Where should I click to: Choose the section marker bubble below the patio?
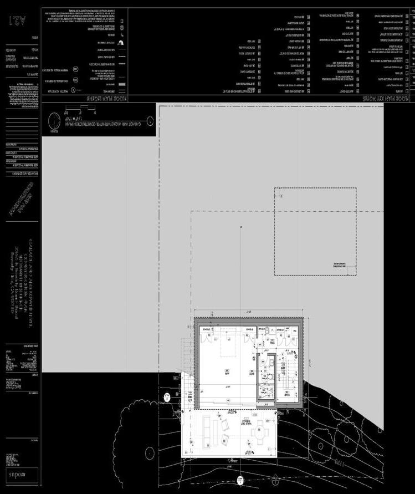(x=240, y=480)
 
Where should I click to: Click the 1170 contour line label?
(x=336, y=461)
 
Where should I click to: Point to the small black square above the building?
(x=241, y=227)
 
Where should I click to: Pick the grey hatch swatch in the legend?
(x=122, y=84)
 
